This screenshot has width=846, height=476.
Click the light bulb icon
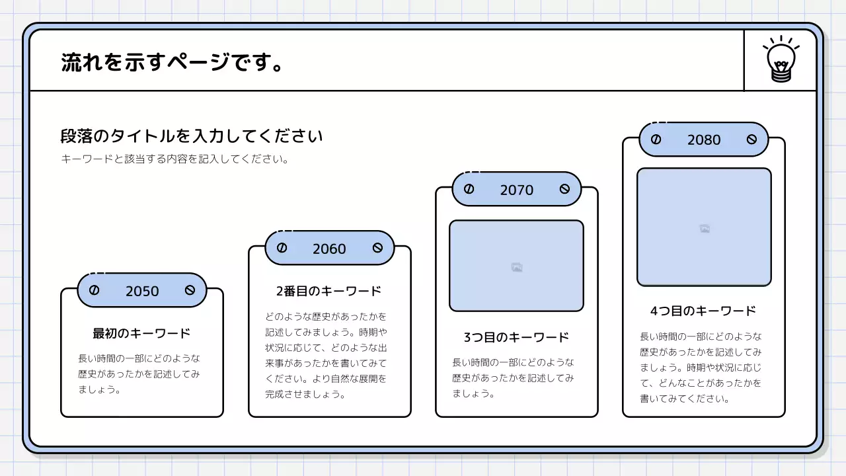coord(781,60)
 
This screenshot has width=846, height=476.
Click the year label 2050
coord(142,291)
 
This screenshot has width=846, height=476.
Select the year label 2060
coord(329,249)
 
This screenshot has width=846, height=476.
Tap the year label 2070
coord(516,190)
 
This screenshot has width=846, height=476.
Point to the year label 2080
coord(704,139)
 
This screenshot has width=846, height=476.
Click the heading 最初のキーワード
coord(141,333)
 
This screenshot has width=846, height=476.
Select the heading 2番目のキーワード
coord(329,291)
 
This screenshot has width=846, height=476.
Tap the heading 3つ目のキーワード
coord(516,337)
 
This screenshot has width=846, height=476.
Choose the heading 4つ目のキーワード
coord(703,311)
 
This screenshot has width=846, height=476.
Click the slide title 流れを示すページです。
coord(173,62)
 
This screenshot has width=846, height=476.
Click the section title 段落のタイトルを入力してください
coord(192,136)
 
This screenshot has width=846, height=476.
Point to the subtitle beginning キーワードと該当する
coord(174,159)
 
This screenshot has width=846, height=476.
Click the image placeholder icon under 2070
coord(517,267)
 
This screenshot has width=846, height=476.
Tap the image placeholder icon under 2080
coord(705,229)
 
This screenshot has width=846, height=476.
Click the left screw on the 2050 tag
coord(94,290)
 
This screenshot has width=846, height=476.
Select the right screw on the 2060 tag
coord(377,248)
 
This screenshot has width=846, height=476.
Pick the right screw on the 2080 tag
coord(751,139)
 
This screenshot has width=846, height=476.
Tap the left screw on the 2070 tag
coord(469,189)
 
